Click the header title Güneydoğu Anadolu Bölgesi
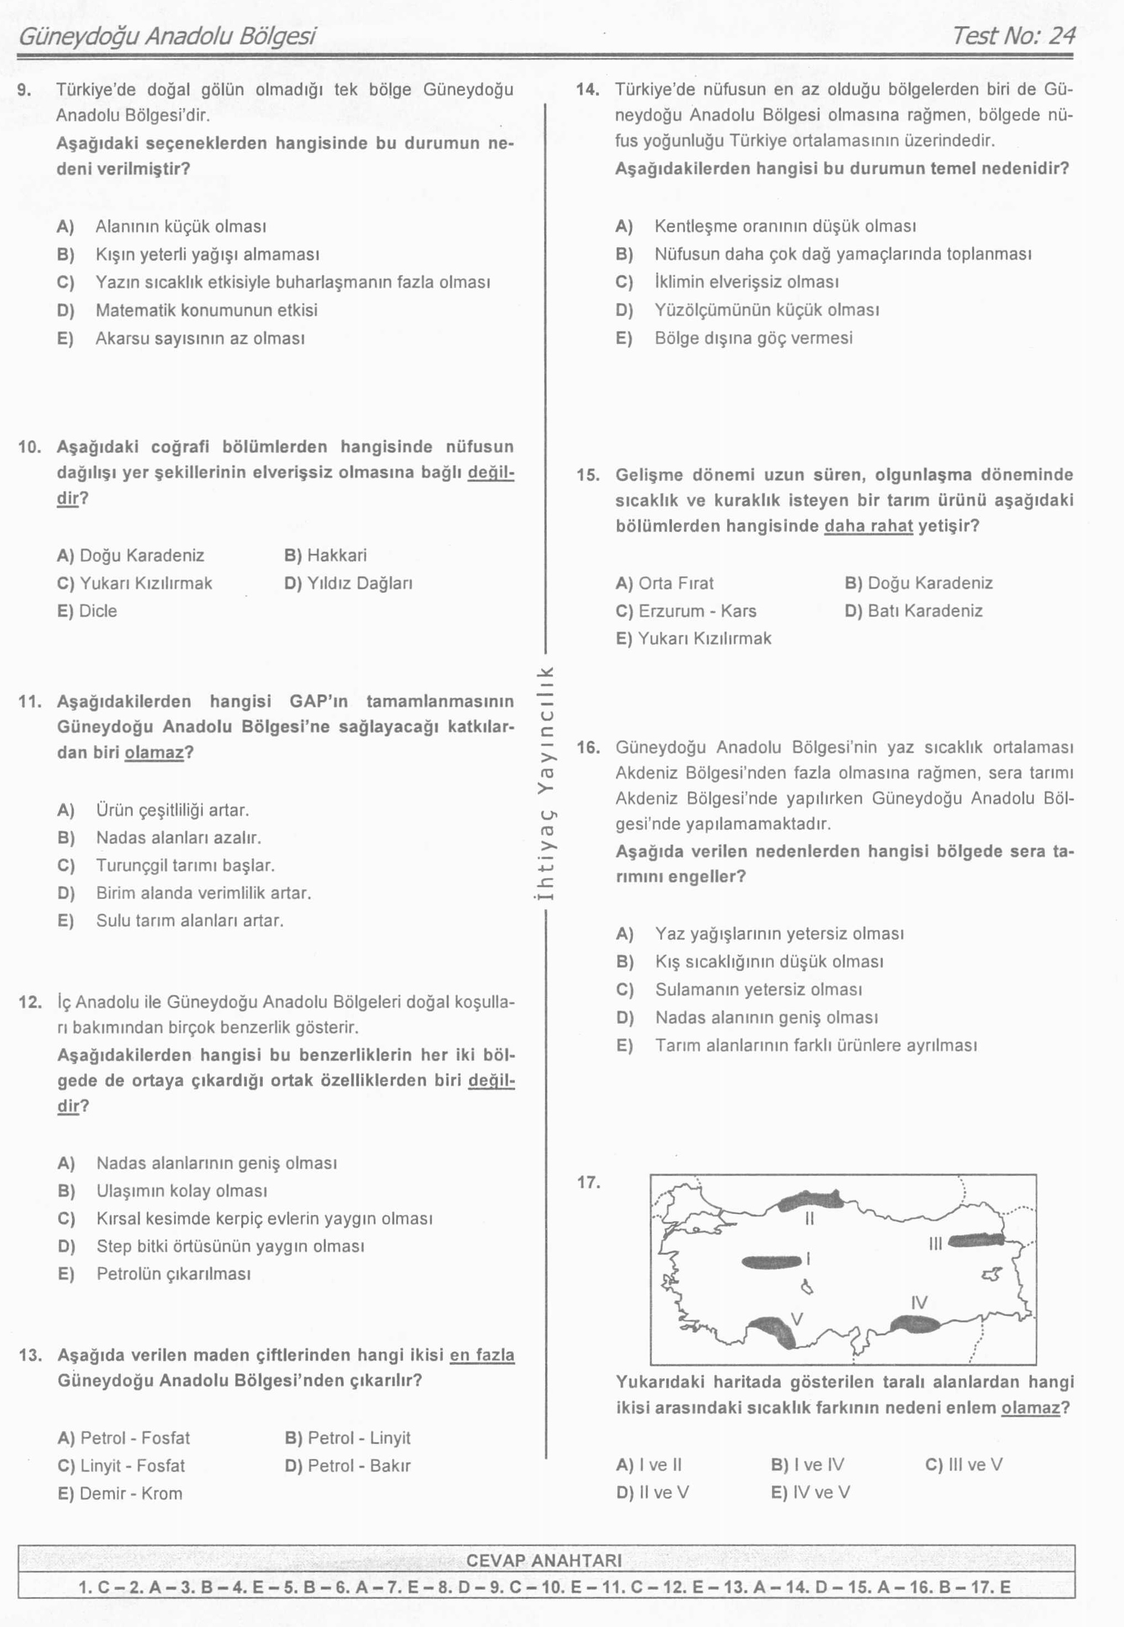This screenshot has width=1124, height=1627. coord(167,36)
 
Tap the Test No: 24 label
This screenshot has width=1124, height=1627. coord(1013,36)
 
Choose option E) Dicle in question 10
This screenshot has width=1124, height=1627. coord(87,610)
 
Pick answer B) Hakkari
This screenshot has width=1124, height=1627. coord(326,555)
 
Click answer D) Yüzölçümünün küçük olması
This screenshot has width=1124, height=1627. coord(747,310)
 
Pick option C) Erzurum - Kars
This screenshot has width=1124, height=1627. coord(685,610)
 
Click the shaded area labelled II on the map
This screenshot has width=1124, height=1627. coord(811,1199)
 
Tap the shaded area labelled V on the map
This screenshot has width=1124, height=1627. coord(773,1331)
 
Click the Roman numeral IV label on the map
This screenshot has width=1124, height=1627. coord(919,1302)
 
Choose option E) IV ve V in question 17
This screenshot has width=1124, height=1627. coord(811,1492)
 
